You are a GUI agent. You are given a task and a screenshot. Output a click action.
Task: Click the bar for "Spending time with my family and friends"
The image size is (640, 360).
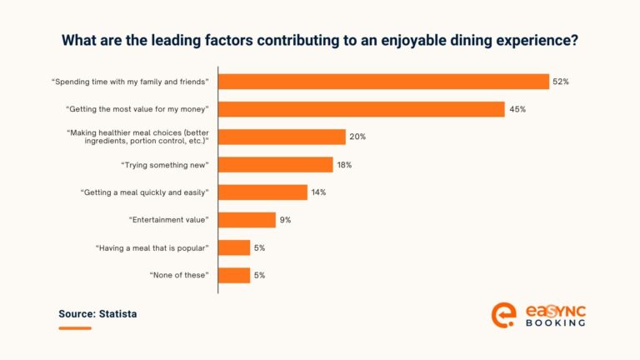383,81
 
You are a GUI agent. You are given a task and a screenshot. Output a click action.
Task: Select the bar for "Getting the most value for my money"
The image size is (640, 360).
362,109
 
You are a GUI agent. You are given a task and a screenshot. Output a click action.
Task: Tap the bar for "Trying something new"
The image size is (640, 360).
276,165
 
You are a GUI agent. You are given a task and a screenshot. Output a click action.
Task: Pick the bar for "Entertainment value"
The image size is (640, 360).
247,220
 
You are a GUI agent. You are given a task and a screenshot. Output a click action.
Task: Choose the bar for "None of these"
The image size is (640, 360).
234,275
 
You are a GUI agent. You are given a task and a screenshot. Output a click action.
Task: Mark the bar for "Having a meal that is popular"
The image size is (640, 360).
234,247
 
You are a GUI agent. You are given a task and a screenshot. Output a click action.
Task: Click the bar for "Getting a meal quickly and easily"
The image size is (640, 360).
262,192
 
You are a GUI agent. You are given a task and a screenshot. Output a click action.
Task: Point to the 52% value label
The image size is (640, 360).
561,82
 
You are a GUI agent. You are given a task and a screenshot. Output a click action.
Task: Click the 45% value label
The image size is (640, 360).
517,109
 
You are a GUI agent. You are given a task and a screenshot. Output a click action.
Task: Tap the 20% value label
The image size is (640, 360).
357,137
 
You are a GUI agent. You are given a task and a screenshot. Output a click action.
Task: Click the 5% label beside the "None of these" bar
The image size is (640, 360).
261,275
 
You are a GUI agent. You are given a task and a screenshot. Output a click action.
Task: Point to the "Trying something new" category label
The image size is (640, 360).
164,165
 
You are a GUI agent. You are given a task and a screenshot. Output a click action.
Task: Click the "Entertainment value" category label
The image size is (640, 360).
168,220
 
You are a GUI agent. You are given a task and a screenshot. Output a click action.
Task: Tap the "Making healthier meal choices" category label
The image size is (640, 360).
137,137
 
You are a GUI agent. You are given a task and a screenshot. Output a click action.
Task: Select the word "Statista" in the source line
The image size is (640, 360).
118,314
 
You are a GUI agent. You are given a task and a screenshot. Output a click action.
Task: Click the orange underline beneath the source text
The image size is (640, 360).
75,327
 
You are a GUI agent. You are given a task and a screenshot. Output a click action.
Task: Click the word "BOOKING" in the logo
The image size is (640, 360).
556,322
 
